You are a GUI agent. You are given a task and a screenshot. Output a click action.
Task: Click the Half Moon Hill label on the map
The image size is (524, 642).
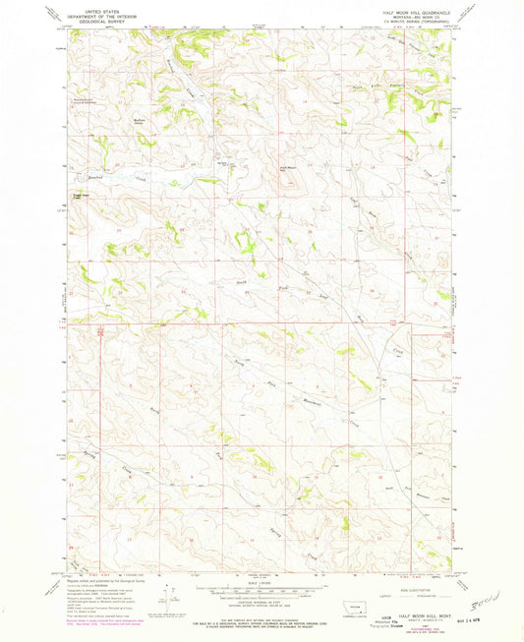pyautogui.click(x=286, y=168)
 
